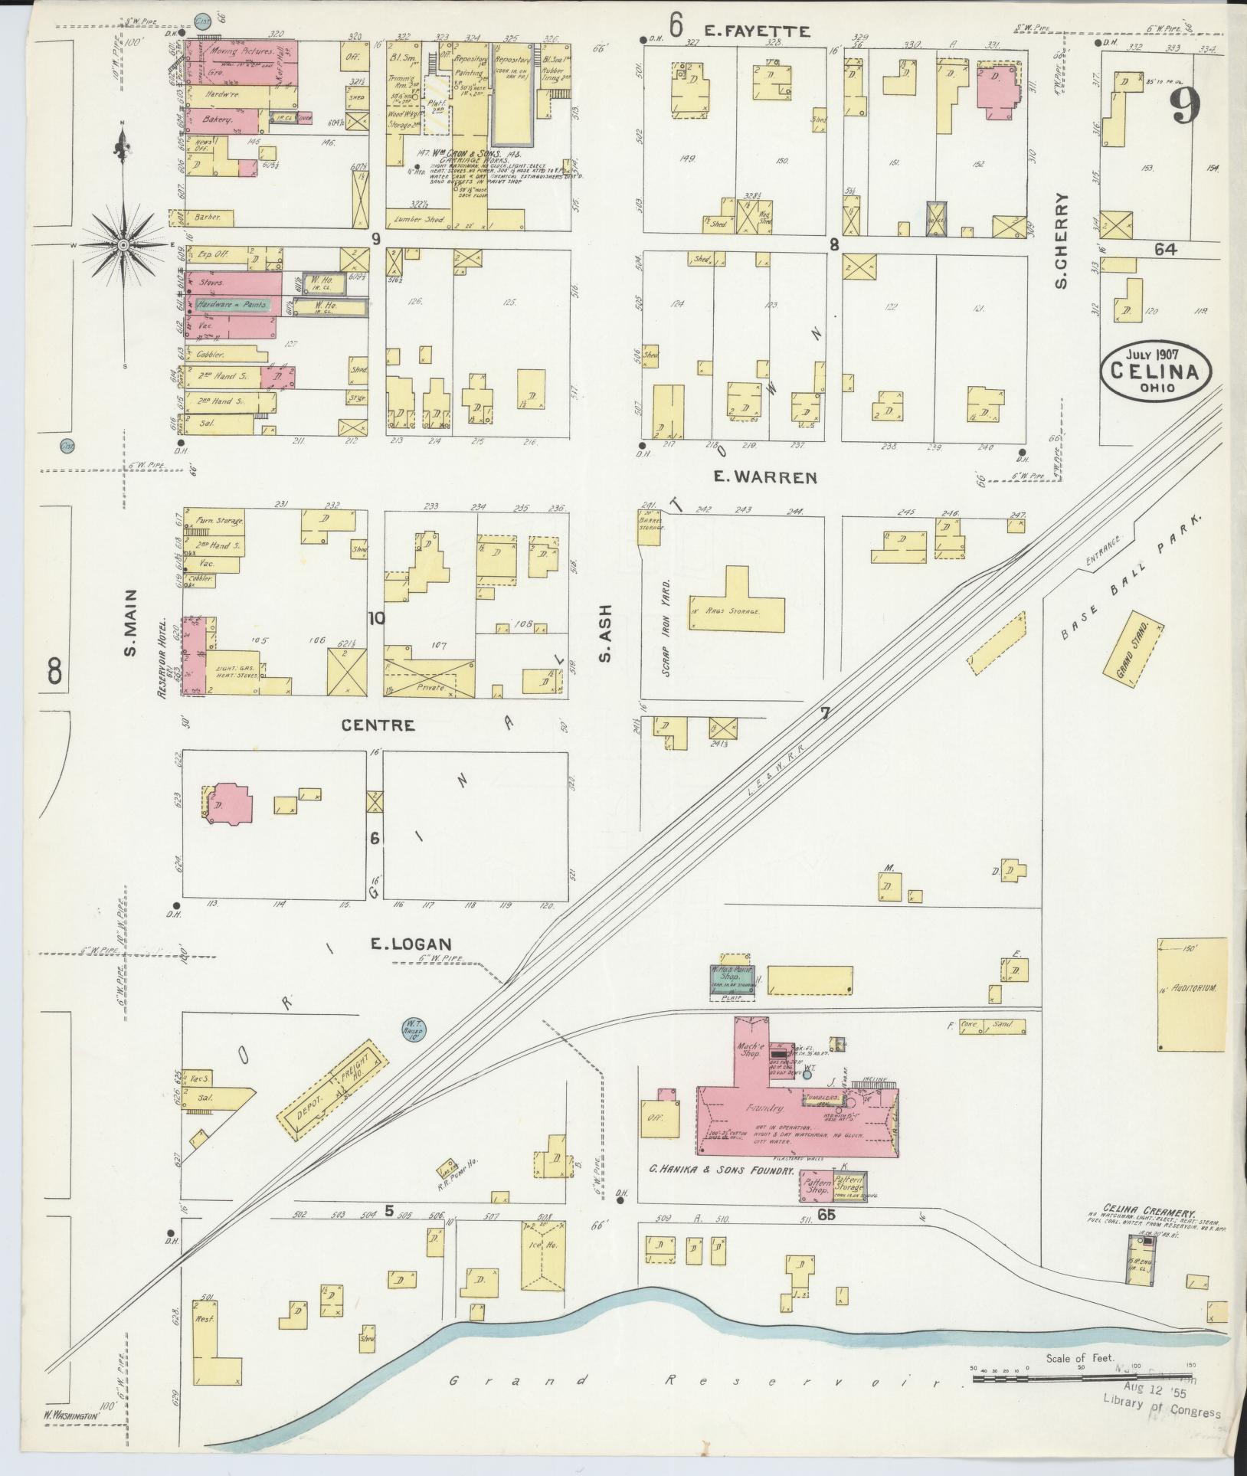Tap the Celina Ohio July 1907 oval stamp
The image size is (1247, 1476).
[x=1157, y=373]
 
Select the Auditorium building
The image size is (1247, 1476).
[x=1192, y=994]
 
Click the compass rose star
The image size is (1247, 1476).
[x=123, y=244]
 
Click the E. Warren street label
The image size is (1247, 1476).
[x=764, y=477]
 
